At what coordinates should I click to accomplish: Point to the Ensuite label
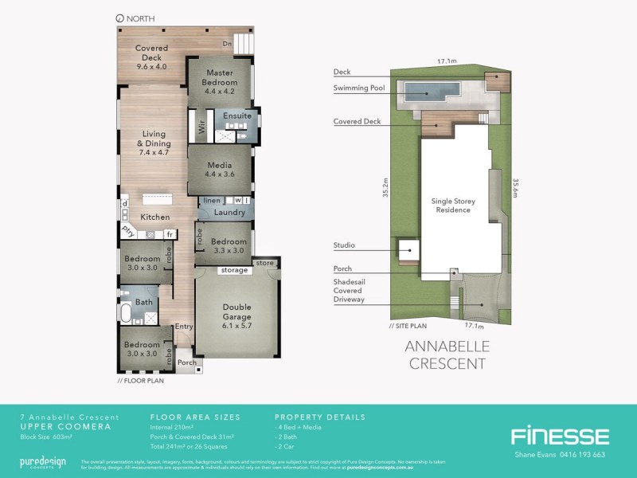point(237,116)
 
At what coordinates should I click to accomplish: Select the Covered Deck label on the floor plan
point(150,58)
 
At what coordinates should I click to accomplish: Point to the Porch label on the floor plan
point(186,362)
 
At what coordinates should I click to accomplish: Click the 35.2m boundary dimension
point(385,188)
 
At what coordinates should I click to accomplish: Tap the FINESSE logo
point(560,436)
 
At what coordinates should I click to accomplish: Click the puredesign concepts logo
point(43,463)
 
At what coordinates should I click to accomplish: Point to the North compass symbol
point(119,18)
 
